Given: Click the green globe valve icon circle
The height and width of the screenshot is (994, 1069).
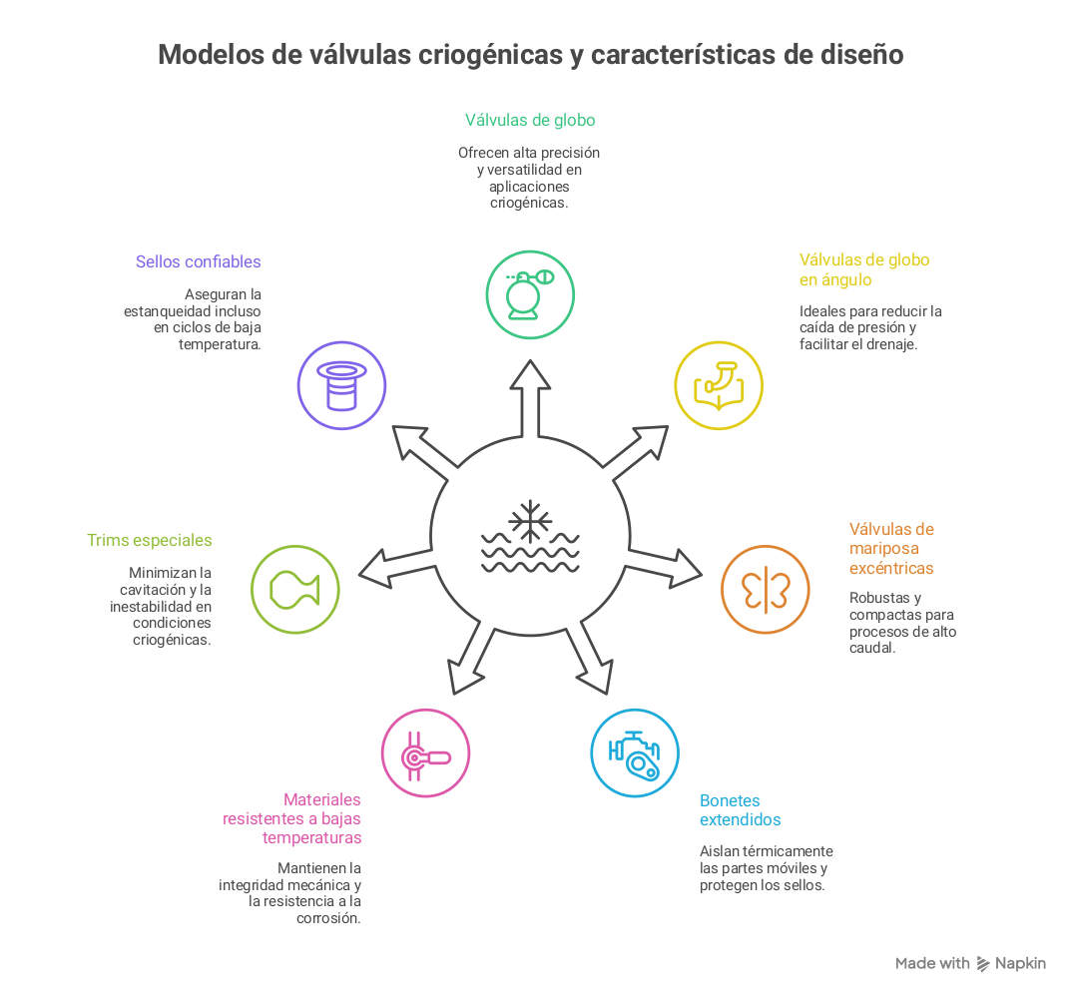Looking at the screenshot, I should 529,294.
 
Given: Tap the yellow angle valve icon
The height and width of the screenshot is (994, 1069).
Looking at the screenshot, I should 718,386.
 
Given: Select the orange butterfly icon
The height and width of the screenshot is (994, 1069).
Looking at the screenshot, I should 765,589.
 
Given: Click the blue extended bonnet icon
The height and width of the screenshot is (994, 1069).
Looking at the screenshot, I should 634,752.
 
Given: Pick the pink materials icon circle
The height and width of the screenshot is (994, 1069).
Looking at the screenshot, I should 425,752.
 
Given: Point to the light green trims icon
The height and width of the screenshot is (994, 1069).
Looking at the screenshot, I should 294,589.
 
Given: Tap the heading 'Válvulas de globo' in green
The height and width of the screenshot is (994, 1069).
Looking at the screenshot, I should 529,121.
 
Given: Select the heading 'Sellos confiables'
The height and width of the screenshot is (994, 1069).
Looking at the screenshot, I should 198,262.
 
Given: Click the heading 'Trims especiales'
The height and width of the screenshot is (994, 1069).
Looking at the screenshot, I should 149,541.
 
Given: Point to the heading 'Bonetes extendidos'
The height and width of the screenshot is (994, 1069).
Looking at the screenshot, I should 740,810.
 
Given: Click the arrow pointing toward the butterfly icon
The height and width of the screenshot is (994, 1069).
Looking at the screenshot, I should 669,561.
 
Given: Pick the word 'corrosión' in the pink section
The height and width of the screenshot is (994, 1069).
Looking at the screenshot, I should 328,918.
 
